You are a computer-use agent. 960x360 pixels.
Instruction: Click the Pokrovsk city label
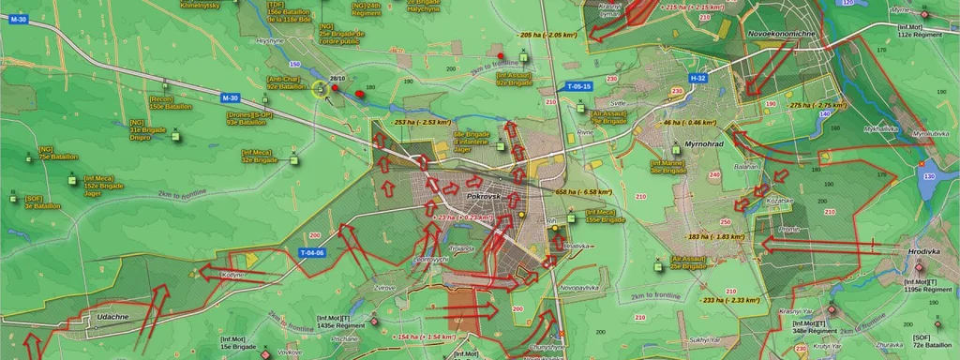coord(486,198)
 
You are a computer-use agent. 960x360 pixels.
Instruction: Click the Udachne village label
coord(112,318)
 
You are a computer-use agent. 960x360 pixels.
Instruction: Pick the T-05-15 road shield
coord(579,86)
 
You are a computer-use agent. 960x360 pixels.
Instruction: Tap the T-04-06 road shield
coord(311,253)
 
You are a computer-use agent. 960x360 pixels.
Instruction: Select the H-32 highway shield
coord(697,78)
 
